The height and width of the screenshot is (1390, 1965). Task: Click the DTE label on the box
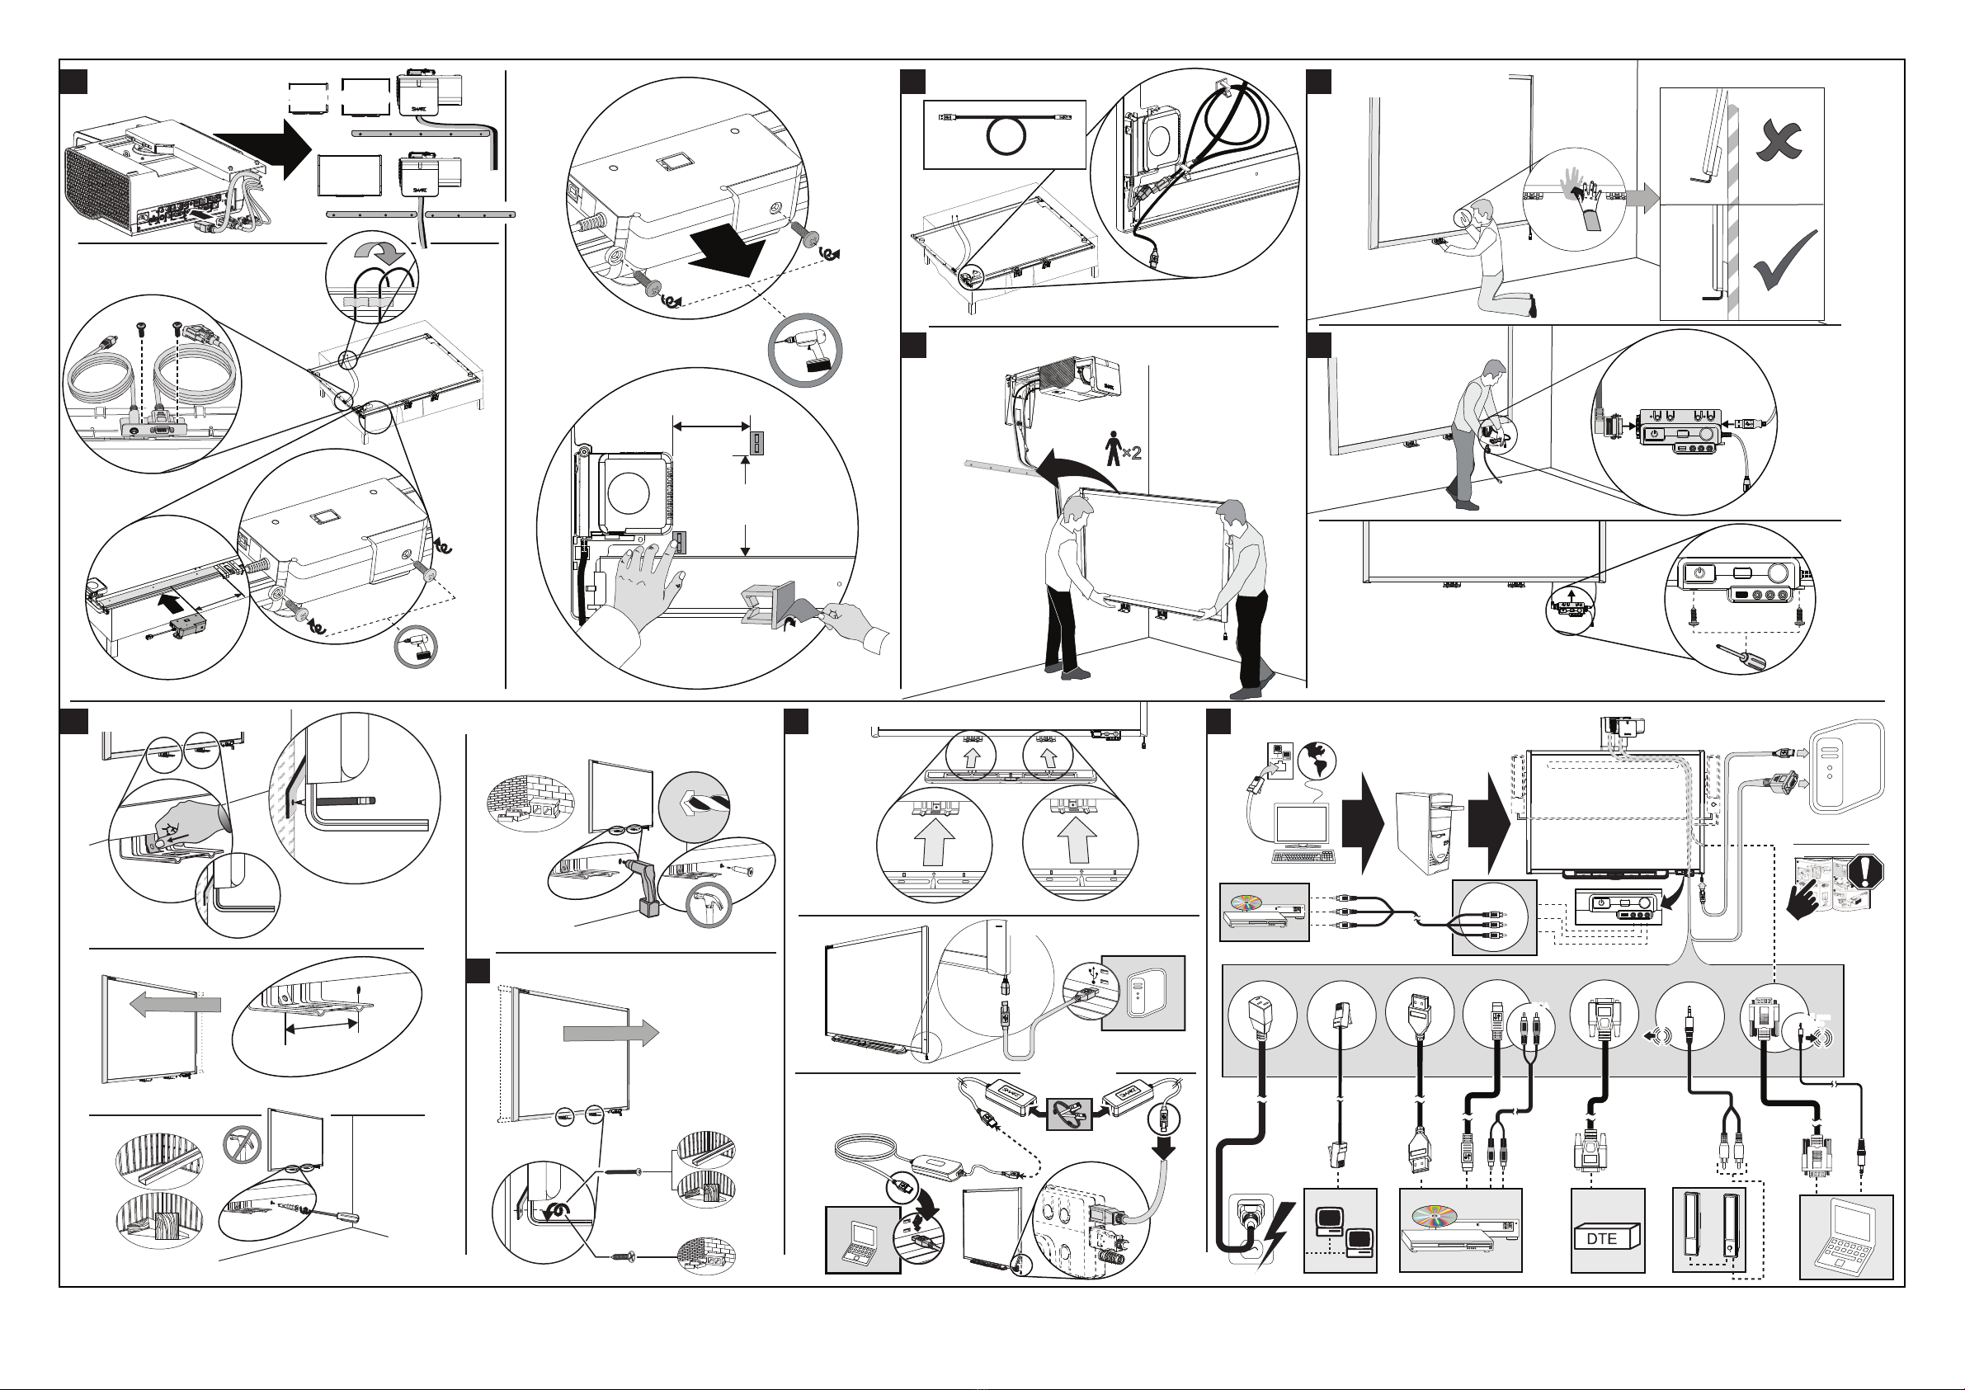click(x=1601, y=1238)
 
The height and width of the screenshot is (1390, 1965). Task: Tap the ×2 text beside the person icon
click(x=1132, y=452)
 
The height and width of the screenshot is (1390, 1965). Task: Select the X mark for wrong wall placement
click(x=1778, y=140)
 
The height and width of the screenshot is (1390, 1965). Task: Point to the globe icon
click(x=1317, y=760)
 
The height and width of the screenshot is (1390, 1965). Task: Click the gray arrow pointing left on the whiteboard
click(x=177, y=1004)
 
